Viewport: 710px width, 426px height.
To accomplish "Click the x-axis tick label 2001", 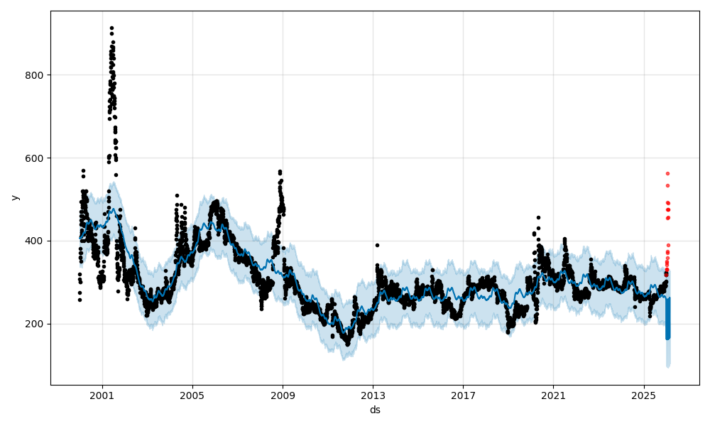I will [x=102, y=395].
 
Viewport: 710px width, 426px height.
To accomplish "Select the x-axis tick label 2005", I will [x=192, y=395].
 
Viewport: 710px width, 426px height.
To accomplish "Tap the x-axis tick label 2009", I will [x=283, y=395].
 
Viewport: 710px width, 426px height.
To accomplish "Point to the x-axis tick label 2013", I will [x=373, y=395].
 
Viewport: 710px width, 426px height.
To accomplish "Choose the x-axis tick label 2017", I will [x=463, y=395].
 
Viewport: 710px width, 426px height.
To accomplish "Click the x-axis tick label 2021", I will [x=553, y=395].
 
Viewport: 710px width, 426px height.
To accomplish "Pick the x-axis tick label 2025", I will [x=643, y=395].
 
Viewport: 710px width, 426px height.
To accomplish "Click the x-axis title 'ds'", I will [x=375, y=410].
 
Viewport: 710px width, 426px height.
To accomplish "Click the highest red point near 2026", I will [x=667, y=173].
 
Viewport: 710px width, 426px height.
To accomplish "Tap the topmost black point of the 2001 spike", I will [x=111, y=28].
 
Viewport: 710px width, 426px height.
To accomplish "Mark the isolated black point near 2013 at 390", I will [x=377, y=245].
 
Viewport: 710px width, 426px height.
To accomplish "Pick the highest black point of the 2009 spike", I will [x=280, y=171].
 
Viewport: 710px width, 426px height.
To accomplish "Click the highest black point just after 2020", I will [x=538, y=217].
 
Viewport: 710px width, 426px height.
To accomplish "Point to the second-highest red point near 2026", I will [x=667, y=185].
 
